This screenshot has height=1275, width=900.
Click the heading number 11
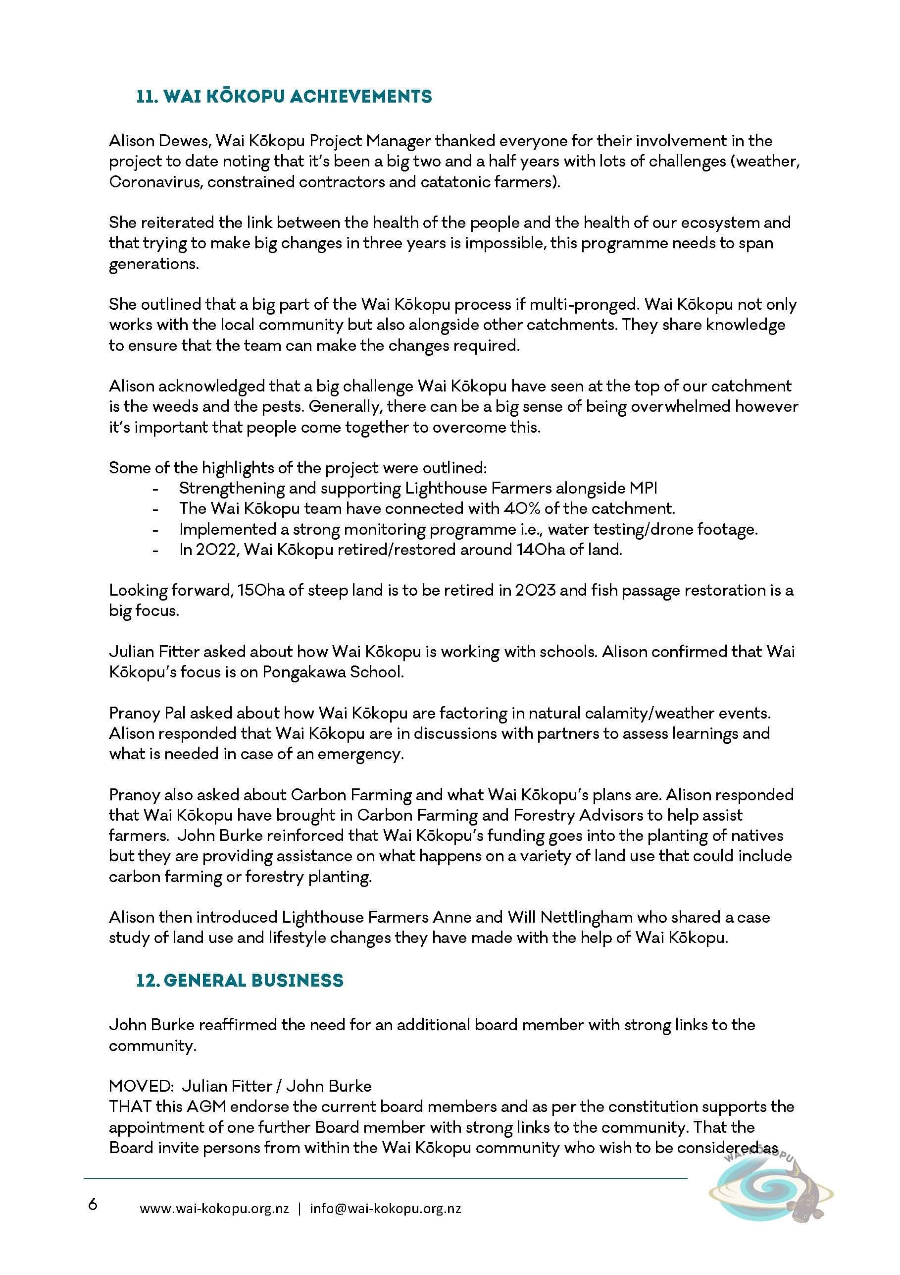(x=148, y=97)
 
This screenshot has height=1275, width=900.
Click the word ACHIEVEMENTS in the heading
(x=361, y=97)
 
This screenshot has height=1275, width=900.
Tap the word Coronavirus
(x=155, y=182)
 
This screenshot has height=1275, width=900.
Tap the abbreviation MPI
(x=643, y=488)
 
